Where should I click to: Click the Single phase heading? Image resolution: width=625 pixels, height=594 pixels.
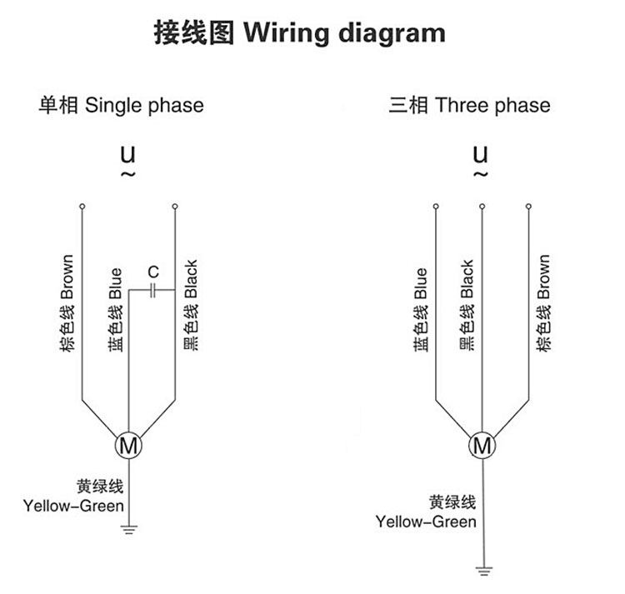point(121,106)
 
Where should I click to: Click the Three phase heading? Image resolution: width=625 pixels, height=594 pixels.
point(469,106)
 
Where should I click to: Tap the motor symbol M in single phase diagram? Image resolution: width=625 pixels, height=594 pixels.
point(128,445)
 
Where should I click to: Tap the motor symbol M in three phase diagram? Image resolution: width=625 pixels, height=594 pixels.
point(482,445)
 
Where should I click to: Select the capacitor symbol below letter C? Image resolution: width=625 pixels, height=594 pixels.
point(152,291)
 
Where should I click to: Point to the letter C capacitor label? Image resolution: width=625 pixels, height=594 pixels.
point(152,272)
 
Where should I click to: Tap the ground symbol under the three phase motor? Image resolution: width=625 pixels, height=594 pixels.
point(482,572)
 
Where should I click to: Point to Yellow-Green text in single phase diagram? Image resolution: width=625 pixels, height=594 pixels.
point(74,506)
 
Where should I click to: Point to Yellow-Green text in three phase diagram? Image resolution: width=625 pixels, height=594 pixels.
point(426,522)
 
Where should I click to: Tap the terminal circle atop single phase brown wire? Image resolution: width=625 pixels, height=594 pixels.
point(82,206)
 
